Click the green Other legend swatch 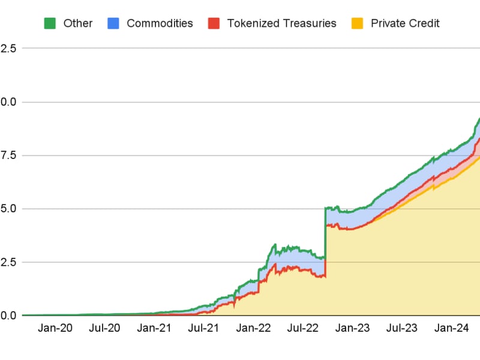(50, 23)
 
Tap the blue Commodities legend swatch (114, 23)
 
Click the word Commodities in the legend (160, 23)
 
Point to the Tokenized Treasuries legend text (281, 23)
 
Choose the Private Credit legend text (405, 23)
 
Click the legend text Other (78, 23)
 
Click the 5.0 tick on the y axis (8, 209)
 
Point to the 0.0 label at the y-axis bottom (8, 315)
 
